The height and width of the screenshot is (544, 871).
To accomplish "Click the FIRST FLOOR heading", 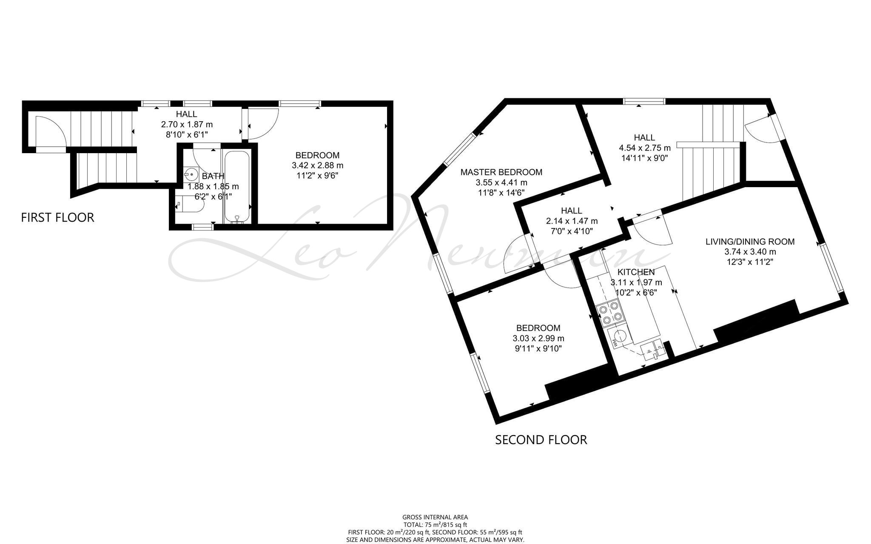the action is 57,217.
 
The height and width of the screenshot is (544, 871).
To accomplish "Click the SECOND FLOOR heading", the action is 541,439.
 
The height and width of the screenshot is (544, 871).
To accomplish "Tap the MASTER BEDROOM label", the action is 501,172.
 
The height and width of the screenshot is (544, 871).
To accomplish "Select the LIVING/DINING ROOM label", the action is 750,242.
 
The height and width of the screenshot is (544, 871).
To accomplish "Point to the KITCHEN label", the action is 636,272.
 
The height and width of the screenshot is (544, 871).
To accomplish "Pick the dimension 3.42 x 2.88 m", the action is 318,165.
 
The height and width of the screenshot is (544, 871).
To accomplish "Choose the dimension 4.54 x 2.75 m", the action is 645,148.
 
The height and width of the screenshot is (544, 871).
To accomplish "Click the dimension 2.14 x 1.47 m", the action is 572,221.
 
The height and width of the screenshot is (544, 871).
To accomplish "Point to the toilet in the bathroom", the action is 189,205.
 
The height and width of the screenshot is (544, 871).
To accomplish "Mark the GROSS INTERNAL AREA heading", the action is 435,517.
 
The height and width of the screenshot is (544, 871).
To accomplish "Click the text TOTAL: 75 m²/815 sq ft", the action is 435,524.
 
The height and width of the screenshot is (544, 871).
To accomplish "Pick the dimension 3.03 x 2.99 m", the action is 538,338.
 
